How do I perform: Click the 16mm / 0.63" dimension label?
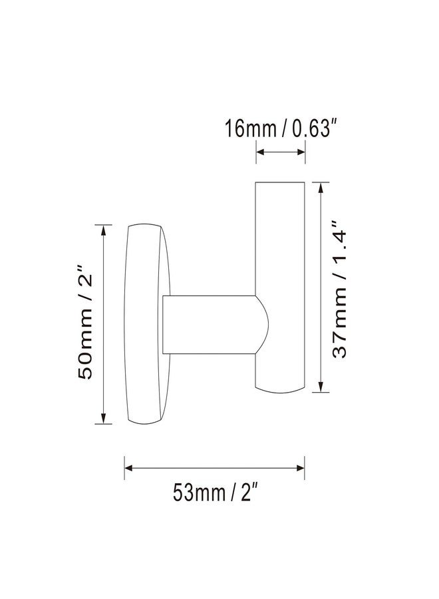point(281,128)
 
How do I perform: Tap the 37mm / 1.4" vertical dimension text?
point(339,290)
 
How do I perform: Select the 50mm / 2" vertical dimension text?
point(84,321)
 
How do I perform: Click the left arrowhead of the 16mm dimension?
point(260,152)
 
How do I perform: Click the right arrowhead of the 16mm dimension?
point(301,152)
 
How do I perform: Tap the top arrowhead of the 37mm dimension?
point(321,187)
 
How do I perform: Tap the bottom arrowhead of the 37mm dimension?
point(321,387)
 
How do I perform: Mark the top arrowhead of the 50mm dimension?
point(103,230)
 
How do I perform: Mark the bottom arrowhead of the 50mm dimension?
point(103,419)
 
